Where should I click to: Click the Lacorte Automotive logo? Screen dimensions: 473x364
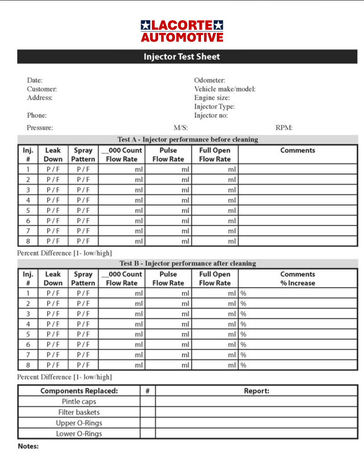click(x=182, y=31)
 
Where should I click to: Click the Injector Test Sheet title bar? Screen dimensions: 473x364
click(x=182, y=57)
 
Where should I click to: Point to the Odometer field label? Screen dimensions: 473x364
click(x=209, y=80)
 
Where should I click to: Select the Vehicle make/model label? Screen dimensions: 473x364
click(x=225, y=89)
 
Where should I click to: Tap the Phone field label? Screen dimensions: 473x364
click(x=37, y=116)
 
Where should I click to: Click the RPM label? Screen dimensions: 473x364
click(x=284, y=128)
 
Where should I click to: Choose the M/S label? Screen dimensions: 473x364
click(x=180, y=128)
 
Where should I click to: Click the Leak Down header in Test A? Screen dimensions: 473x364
click(x=53, y=155)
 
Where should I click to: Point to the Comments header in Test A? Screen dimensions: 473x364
click(x=298, y=150)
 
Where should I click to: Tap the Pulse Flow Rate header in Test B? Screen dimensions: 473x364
click(x=168, y=279)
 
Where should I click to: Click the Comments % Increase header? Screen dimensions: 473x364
click(x=298, y=279)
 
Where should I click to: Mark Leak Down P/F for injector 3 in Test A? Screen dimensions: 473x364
click(x=53, y=190)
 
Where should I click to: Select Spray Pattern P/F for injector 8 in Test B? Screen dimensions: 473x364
click(x=83, y=365)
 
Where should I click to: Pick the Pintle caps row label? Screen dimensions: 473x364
click(x=79, y=402)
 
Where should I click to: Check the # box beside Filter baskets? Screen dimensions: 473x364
click(x=148, y=412)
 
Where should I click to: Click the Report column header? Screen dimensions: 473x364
click(x=256, y=391)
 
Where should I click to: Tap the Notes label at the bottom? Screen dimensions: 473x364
click(x=28, y=447)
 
